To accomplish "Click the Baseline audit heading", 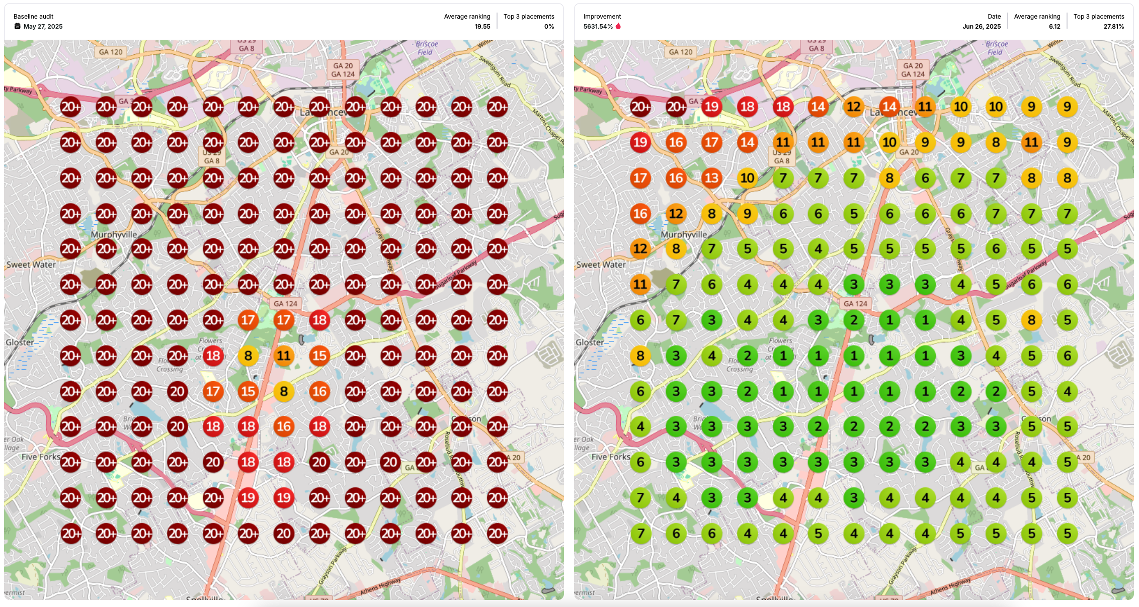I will [x=33, y=17].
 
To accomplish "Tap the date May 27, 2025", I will [x=43, y=27].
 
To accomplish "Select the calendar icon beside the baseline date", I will [x=18, y=27].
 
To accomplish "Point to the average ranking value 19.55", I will [x=482, y=27].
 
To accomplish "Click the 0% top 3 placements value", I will [x=549, y=27].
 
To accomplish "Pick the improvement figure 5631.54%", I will [x=598, y=27].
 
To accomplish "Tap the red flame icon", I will [x=618, y=26].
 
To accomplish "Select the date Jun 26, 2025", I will [x=981, y=27].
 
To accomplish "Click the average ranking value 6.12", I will [x=1054, y=27].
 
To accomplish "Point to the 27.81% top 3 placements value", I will [x=1113, y=27].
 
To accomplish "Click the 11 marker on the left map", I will [x=284, y=356].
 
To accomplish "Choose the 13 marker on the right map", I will [x=711, y=178].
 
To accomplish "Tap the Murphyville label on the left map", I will [x=114, y=235].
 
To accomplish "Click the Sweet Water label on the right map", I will [x=601, y=265].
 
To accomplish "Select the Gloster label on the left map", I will [x=20, y=342].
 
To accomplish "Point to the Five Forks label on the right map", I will [x=610, y=457].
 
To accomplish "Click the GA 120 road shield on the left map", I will [x=111, y=52].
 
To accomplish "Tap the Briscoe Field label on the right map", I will [x=996, y=48].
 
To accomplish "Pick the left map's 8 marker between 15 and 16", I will [x=284, y=391].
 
